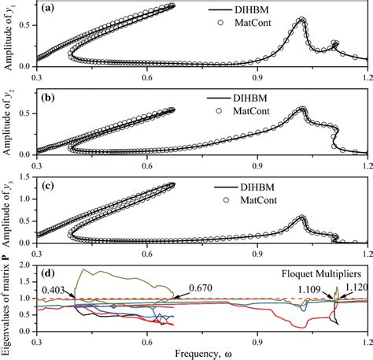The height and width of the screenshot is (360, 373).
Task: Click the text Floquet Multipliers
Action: click(x=323, y=276)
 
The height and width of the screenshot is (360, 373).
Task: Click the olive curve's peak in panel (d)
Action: click(x=80, y=270)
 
